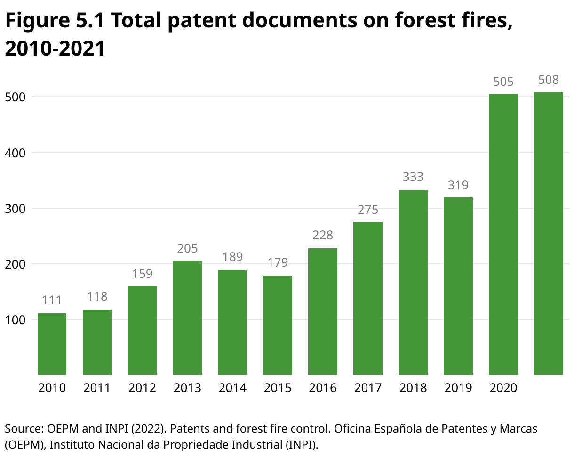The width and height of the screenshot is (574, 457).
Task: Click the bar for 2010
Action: pyautogui.click(x=52, y=344)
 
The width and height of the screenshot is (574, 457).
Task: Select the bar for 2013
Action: pyautogui.click(x=187, y=318)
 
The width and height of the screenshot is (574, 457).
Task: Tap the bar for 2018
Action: pyautogui.click(x=413, y=283)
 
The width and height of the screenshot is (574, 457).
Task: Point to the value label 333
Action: pyautogui.click(x=413, y=177)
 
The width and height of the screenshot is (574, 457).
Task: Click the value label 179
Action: pyautogui.click(x=278, y=262)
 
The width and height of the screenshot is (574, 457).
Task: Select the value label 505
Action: pyautogui.click(x=503, y=82)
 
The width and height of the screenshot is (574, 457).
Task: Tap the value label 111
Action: pyautogui.click(x=52, y=300)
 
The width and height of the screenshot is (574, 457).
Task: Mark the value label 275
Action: pyautogui.click(x=367, y=210)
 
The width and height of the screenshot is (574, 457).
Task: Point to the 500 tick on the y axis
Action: pyautogui.click(x=15, y=97)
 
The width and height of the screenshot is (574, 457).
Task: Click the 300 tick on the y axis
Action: pyautogui.click(x=15, y=208)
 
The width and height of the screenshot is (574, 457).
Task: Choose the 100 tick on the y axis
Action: pyautogui.click(x=15, y=320)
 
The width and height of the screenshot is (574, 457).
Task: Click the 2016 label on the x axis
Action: pyautogui.click(x=323, y=388)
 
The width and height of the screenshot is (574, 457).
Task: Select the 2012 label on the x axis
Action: pyautogui.click(x=142, y=388)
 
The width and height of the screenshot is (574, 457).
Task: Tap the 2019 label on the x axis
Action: pyautogui.click(x=458, y=388)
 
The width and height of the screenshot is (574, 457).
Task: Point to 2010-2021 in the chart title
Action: pyautogui.click(x=55, y=49)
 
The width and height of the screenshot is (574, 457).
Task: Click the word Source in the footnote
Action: pyautogui.click(x=24, y=429)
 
